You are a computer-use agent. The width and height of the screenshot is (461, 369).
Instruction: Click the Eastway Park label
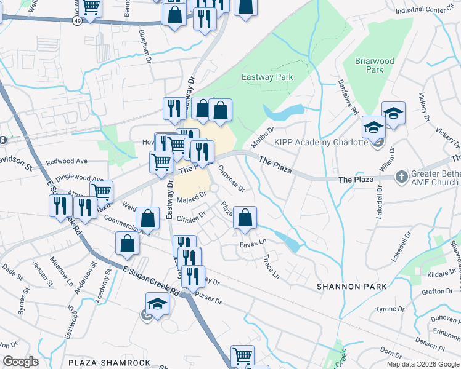pyautogui.click(x=267, y=77)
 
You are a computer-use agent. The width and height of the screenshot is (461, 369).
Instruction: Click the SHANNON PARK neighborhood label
pyautogui.click(x=352, y=287)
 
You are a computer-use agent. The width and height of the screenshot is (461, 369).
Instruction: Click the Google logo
pyautogui.click(x=20, y=362)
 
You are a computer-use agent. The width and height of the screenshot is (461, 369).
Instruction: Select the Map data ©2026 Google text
pyautogui.click(x=423, y=364)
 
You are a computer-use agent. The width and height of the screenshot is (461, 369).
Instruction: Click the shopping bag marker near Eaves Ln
pyautogui.click(x=245, y=217)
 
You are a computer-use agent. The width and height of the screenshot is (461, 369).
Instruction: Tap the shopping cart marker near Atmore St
pyautogui.click(x=102, y=191)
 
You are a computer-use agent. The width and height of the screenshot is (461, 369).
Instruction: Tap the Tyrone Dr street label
pyautogui.click(x=390, y=309)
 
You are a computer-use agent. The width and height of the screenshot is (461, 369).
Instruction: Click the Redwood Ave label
pyautogui.click(x=67, y=161)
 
